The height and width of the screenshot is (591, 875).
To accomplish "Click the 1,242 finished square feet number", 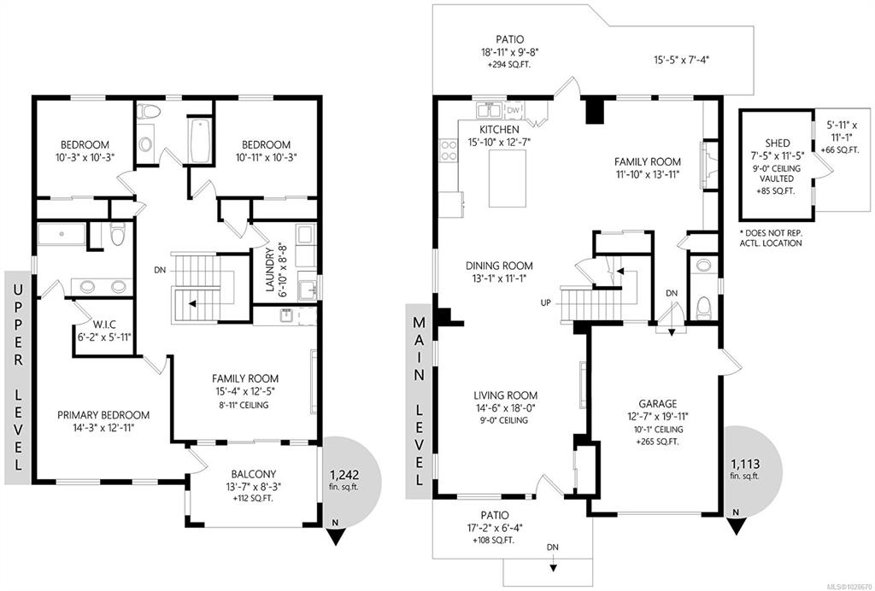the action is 344,476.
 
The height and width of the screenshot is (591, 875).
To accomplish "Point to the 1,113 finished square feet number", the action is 745,464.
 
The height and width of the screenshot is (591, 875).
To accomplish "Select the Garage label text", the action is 658,404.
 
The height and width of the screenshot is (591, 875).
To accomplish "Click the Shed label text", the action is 778,143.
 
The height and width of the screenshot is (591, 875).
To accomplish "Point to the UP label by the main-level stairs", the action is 546,302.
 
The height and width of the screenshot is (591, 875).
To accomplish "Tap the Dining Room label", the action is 499,266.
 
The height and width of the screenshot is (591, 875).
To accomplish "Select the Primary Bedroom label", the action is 103,415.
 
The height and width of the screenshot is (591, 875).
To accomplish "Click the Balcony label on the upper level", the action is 253,475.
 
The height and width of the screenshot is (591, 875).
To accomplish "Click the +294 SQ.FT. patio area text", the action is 510,65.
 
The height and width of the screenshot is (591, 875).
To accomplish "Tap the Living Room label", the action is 502,395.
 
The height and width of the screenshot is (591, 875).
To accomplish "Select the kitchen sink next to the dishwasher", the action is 490,110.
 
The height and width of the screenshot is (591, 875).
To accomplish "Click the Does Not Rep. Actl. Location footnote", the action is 771,238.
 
